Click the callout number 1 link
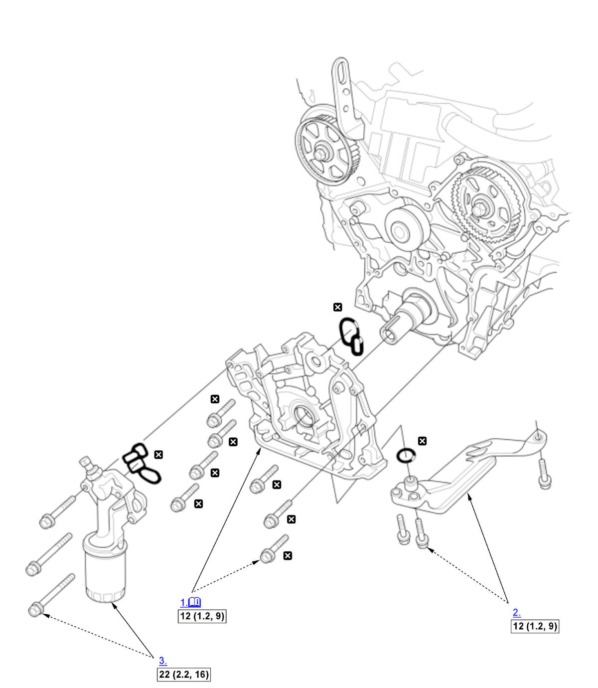coord(183,602)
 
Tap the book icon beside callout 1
coord(195,602)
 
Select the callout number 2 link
coord(517,613)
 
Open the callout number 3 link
coord(162,661)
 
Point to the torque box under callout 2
coord(535,626)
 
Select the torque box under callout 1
coord(202,616)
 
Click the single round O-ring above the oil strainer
coord(406,455)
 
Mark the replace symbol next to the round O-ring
coord(422,441)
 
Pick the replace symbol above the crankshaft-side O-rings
coord(338,307)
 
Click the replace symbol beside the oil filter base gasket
coord(158,454)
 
